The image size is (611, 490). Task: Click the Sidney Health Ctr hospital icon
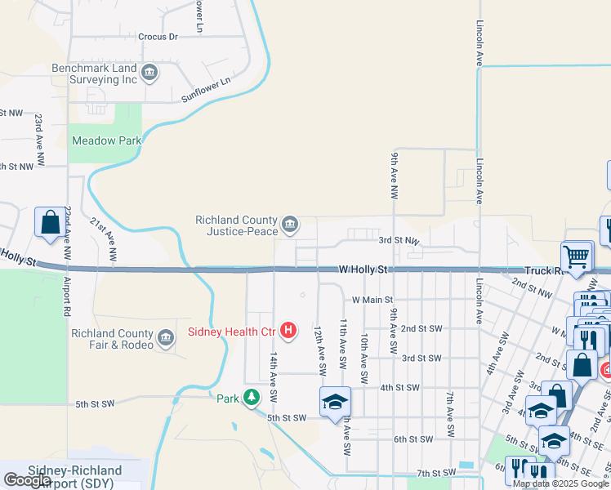tap(288, 331)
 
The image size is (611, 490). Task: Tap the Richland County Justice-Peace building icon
tap(289, 224)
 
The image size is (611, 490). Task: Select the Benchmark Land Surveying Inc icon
tap(149, 73)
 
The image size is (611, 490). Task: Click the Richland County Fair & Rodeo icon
tap(166, 339)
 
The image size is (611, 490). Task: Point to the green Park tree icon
tap(252, 398)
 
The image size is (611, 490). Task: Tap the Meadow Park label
tap(107, 140)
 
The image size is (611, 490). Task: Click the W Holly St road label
tap(363, 269)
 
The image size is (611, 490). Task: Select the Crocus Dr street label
tap(158, 37)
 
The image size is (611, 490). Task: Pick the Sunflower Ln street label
tap(206, 90)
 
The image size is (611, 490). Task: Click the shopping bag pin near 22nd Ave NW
tap(49, 222)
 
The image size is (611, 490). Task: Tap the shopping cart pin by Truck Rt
tap(577, 256)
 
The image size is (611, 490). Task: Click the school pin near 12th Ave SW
tap(335, 403)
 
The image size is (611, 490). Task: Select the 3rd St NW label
tap(399, 241)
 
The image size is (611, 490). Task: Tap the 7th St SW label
tap(435, 473)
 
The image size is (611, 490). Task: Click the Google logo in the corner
tap(27, 480)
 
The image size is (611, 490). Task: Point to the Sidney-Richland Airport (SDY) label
tap(75, 477)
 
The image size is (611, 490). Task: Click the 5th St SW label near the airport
tap(98, 404)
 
